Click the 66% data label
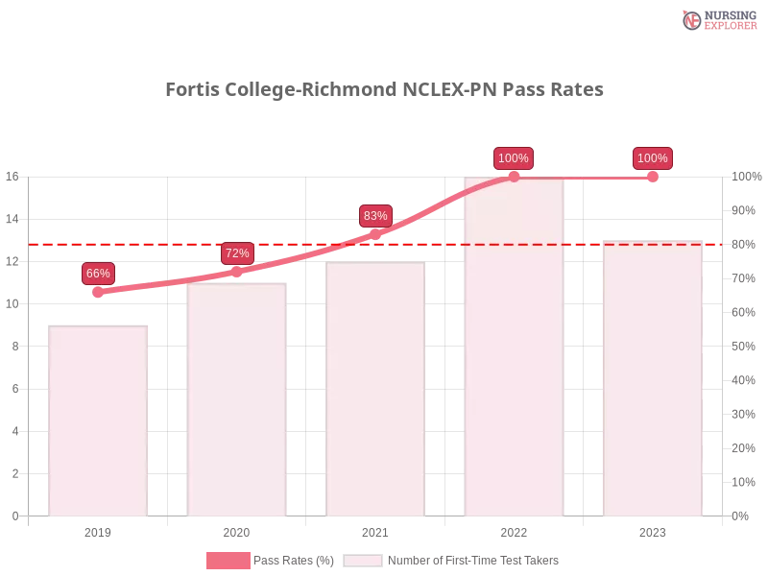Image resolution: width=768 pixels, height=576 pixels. pos(98,274)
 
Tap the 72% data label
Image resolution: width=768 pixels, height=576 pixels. pos(237,253)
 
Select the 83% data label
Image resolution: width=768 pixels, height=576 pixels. pos(375,215)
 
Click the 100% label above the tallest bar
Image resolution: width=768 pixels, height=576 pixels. pos(514,158)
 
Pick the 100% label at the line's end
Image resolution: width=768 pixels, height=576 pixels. pos(653,158)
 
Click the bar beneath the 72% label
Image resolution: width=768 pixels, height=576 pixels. pos(237,397)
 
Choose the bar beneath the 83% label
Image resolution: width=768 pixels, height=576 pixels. pos(375,390)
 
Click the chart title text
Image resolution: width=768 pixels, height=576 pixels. pos(384,90)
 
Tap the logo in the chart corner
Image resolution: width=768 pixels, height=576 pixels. pos(717,19)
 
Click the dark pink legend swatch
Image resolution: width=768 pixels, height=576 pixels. pos(228,561)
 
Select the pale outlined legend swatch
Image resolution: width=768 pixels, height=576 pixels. pos(363,561)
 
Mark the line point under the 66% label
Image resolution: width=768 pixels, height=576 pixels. pos(98,291)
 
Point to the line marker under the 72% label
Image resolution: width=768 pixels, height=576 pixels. pos(237,272)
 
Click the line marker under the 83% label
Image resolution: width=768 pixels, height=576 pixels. pos(375,233)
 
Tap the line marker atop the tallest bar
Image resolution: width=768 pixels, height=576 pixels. pos(514,177)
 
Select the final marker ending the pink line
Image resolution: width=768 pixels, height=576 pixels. pos(653,177)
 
